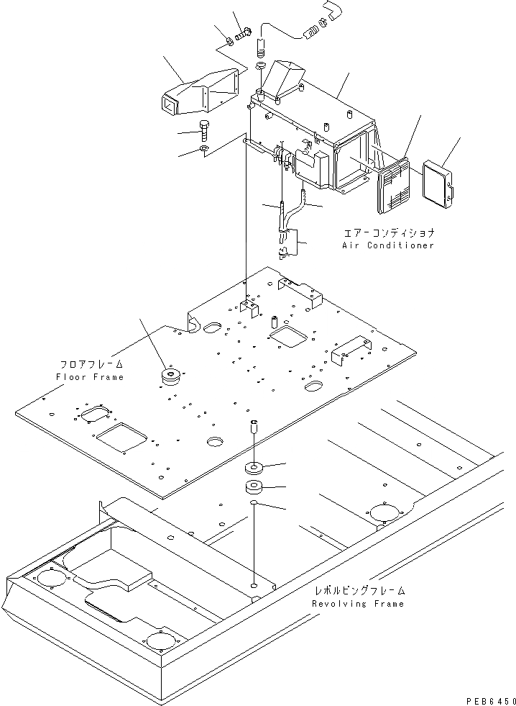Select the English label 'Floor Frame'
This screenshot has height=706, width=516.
pos(89,377)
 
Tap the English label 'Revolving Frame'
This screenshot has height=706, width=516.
pos(358,604)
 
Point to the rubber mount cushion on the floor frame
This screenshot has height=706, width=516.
pos(172,376)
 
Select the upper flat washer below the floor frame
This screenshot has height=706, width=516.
pos(255,467)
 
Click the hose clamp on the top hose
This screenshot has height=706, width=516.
pos(313,29)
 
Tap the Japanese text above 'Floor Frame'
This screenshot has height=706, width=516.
pos(92,364)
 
